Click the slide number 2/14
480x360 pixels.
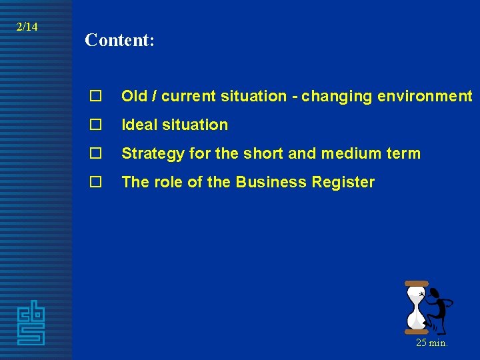[x=27, y=27]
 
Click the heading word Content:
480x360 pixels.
[x=120, y=41]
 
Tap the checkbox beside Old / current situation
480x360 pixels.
[x=95, y=97]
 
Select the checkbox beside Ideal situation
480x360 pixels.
[x=95, y=125]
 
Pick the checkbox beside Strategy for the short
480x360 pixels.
[x=95, y=154]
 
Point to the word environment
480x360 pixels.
[x=425, y=97]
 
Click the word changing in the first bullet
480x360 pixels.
[x=337, y=97]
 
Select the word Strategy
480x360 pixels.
[x=153, y=154]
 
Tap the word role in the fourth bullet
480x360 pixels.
[x=169, y=183]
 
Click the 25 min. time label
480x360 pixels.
[x=431, y=343]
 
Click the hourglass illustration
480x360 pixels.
[x=417, y=307]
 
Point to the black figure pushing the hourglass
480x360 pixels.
[x=439, y=308]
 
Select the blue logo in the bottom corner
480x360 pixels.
[x=31, y=323]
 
